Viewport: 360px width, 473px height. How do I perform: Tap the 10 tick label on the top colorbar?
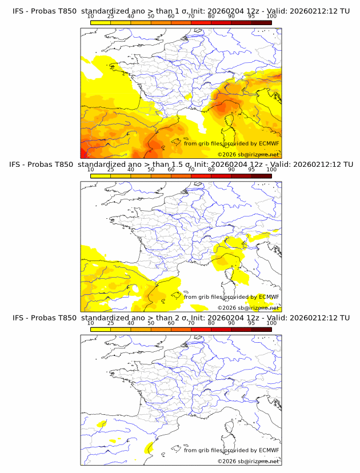90,16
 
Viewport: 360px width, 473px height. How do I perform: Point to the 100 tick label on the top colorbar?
271,16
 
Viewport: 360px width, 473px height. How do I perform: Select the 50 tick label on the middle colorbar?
151,170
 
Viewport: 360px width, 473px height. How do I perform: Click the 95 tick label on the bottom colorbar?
251,323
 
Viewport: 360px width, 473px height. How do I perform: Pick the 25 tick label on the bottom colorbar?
110,323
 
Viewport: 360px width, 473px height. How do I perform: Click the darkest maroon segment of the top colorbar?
261,22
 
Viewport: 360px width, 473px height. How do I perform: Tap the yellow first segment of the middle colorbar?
100,176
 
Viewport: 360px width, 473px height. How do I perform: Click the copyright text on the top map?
248,154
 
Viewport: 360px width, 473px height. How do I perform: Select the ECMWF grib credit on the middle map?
231,297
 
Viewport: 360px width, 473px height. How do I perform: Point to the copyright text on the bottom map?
248,461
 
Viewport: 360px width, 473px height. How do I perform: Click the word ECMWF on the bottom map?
269,450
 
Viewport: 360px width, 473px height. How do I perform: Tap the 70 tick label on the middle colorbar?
191,170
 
